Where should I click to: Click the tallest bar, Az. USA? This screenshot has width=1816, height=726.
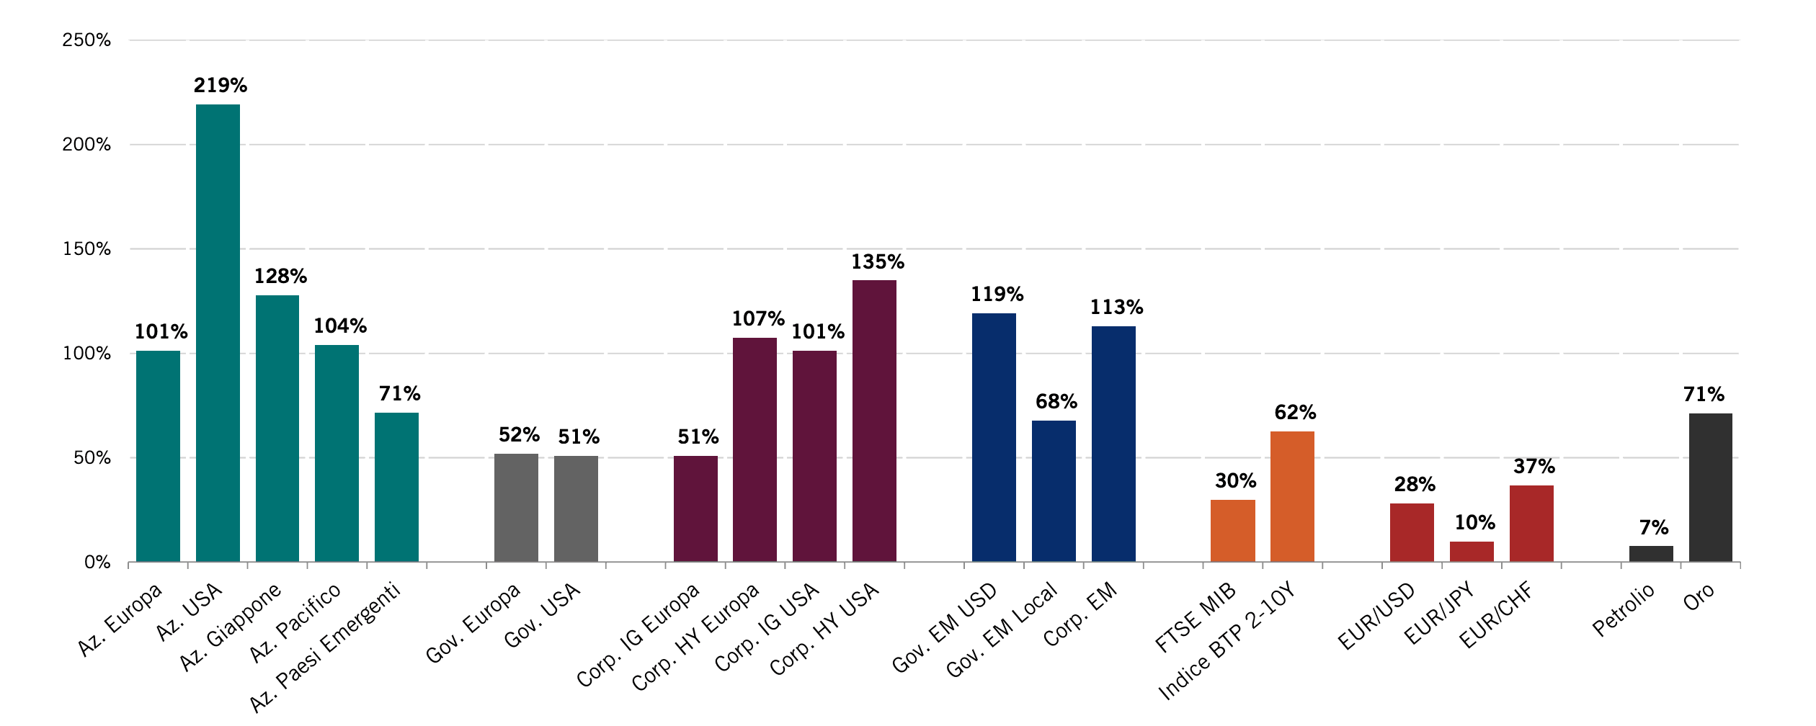coord(218,333)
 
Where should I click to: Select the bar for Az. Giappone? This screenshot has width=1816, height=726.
coord(277,429)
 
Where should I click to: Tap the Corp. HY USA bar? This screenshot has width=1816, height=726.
coord(874,421)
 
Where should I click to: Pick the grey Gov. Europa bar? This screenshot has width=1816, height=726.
coord(516,508)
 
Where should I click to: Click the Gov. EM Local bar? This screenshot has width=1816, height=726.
coord(1054,491)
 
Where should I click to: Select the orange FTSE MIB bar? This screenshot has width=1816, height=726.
coord(1232,531)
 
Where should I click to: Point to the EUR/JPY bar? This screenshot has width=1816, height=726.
coord(1472,552)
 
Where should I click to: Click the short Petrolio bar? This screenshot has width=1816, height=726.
coord(1651,554)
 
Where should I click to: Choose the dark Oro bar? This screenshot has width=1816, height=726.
coord(1710,488)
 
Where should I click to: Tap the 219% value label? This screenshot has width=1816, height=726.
coord(221,86)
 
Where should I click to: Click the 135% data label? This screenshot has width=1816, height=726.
coord(877,262)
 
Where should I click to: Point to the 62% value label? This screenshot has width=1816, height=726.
coord(1295,413)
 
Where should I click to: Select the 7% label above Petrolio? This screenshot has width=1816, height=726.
coord(1653,528)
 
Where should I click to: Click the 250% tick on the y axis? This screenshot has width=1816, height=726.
coord(86,40)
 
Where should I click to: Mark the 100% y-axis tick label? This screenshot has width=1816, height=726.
coord(86,354)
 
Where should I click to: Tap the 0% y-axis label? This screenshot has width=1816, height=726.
coord(97,563)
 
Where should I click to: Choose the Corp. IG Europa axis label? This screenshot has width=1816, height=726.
coord(638,634)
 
